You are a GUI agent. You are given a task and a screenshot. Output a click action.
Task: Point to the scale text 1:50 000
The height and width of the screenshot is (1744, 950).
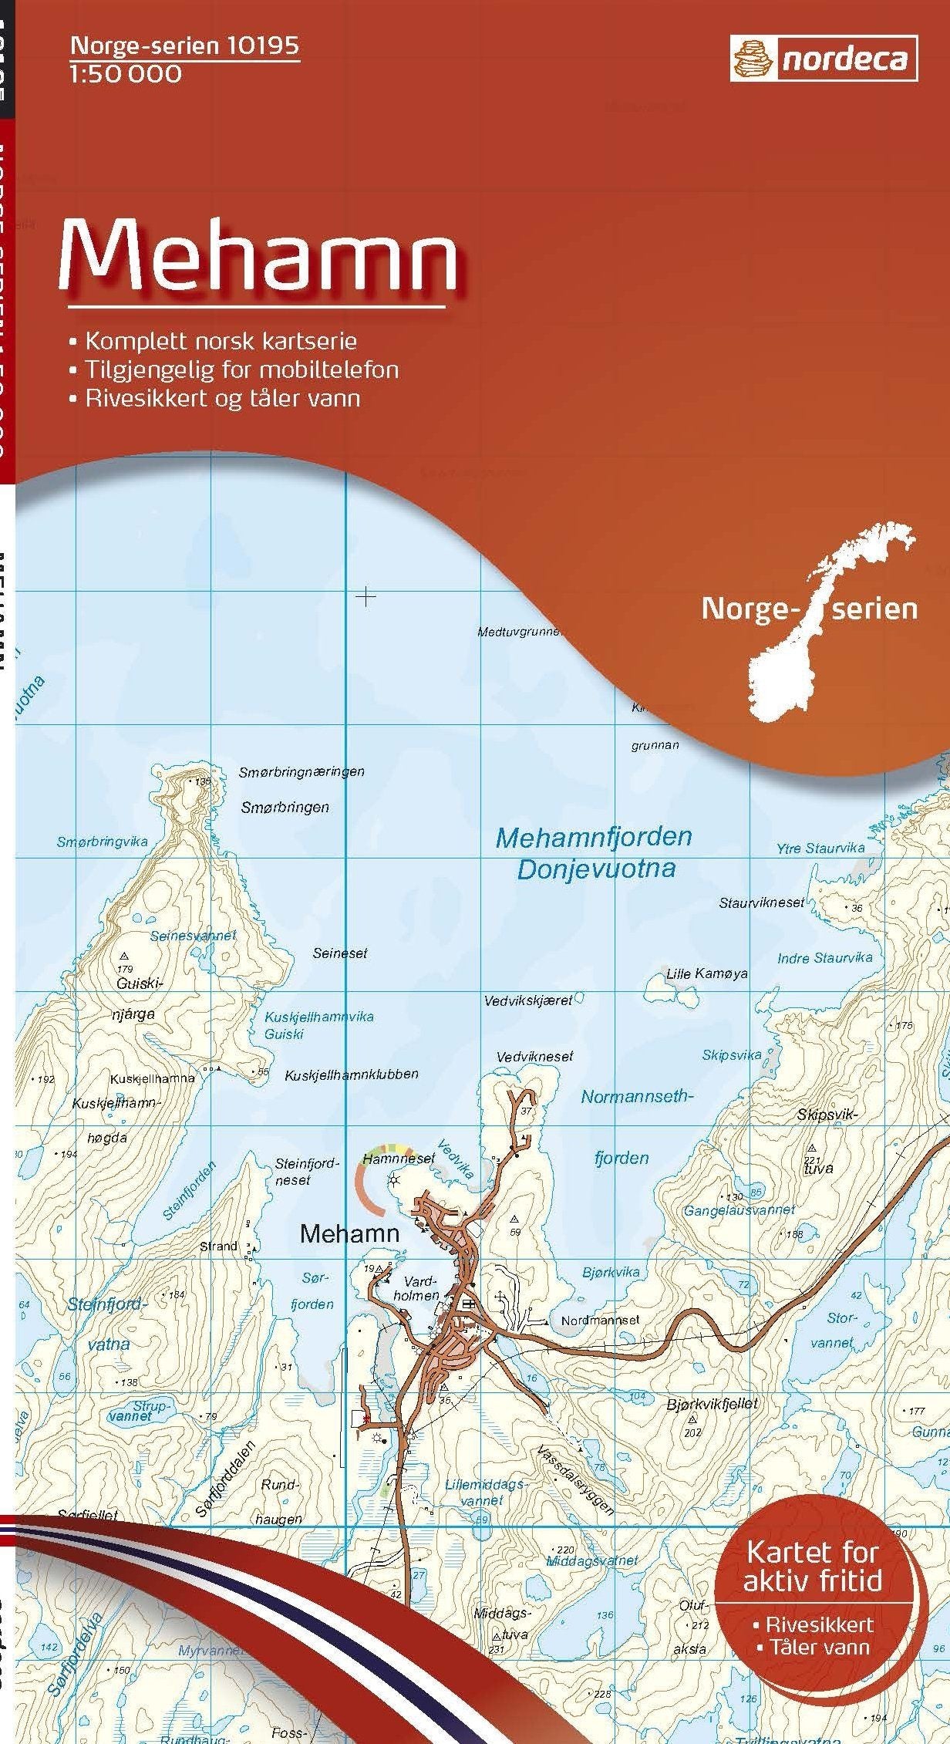coord(126,74)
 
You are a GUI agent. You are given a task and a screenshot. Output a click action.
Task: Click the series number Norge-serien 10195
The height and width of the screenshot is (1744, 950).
coord(184,46)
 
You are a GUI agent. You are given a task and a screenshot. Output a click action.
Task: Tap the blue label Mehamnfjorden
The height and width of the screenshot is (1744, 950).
coord(593,838)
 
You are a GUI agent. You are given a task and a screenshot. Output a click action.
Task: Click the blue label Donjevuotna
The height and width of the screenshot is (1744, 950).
coord(596,869)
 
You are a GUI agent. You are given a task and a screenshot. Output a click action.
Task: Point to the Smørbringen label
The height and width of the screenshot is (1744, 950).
coord(285,808)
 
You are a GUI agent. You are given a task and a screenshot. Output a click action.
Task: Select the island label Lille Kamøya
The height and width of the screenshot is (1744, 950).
coord(706,973)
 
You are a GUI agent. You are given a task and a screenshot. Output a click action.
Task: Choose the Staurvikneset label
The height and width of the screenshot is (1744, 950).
coord(761,902)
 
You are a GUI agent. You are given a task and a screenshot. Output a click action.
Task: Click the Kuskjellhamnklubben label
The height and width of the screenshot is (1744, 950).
coord(352,1074)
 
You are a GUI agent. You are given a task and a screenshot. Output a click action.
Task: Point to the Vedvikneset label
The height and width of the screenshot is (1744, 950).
coord(535,1056)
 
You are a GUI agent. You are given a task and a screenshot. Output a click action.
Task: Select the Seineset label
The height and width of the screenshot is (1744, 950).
coord(340,953)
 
